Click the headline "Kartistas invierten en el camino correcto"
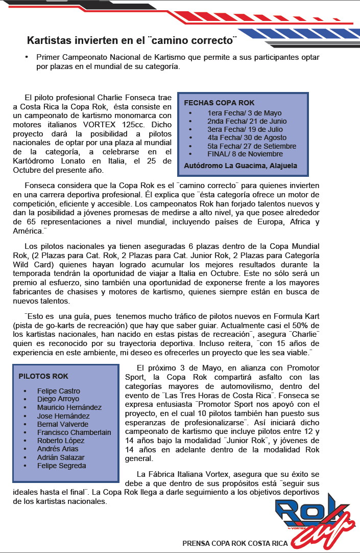point(132,40)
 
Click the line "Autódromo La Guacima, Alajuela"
point(240,166)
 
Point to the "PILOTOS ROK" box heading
point(43,376)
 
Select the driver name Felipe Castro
point(58,391)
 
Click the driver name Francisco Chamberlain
point(74,432)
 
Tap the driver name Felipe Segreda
point(61,466)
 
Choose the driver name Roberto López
point(60,441)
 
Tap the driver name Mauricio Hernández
point(69,407)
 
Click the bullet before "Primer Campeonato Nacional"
point(26,58)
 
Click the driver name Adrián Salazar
point(61,457)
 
